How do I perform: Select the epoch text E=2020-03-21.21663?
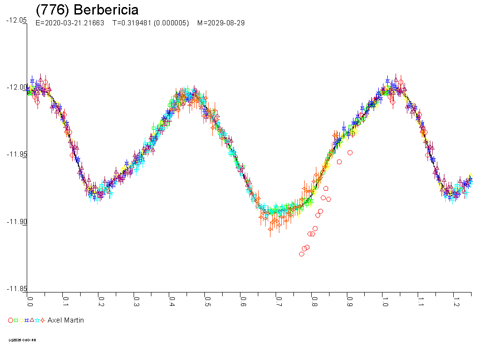pos(70,23)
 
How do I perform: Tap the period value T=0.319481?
pos(133,23)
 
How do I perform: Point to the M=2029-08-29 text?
pos(221,23)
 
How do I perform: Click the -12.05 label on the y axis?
pos(16,20)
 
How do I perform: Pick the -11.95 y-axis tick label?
pos(16,154)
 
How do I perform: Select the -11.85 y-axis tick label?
pos(16,289)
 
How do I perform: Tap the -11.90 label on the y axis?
pos(16,222)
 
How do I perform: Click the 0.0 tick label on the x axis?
pos(30,300)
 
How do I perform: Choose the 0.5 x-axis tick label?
pos(207,300)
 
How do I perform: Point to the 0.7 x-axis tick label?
pos(278,300)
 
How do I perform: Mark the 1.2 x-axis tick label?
pos(456,300)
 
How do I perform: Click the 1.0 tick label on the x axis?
pos(385,300)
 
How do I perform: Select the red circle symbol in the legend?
pos(11,321)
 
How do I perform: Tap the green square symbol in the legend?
pos(16,321)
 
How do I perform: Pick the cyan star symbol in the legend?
pos(37,321)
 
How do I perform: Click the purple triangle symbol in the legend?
pos(32,321)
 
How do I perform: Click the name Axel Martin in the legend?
pos(66,321)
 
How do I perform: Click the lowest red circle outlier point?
pos(301,254)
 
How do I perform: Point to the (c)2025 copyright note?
pos(22,340)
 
